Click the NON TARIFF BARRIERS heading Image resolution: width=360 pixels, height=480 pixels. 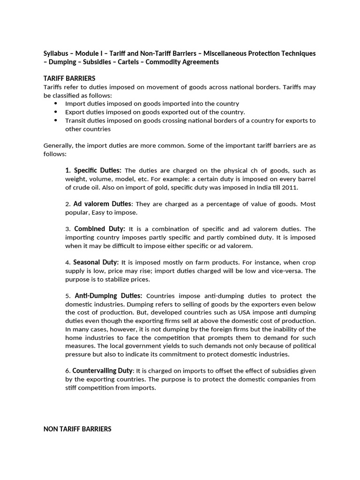coord(77,428)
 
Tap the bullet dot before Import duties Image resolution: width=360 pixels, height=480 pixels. coord(56,103)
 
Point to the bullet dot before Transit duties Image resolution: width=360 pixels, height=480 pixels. coord(56,120)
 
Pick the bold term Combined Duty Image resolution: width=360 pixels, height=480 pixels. coord(99,229)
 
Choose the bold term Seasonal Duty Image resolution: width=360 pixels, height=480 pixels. coord(97,262)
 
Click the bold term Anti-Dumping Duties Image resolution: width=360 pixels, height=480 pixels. coord(108,296)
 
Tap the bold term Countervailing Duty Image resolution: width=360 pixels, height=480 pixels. coord(103,370)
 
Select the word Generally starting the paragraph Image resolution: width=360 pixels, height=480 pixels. coord(59,146)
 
